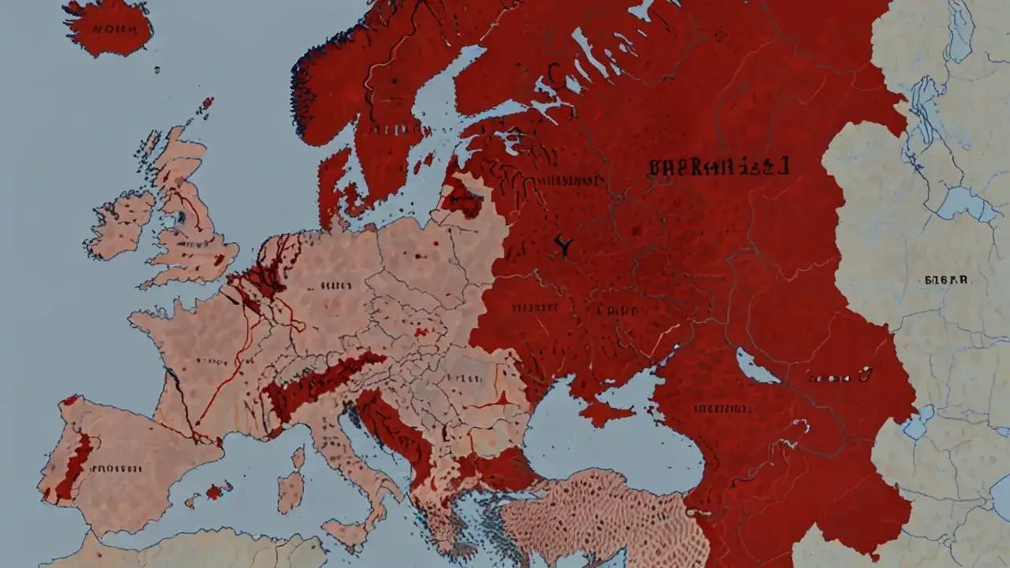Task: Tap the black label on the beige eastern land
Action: point(945,280)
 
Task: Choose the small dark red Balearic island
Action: point(214,491)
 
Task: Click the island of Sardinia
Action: point(290,492)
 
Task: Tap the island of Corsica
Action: point(297,457)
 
